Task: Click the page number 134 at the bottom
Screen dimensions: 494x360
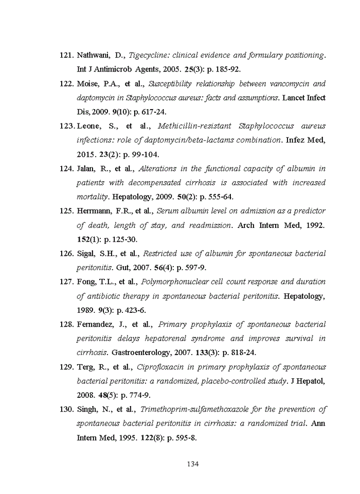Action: [x=192, y=464]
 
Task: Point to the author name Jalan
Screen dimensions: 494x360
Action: [x=85, y=169]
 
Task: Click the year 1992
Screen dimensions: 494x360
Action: [x=314, y=225]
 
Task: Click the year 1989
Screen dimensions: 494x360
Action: [x=85, y=310]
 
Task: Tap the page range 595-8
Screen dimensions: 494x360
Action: [x=186, y=438]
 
